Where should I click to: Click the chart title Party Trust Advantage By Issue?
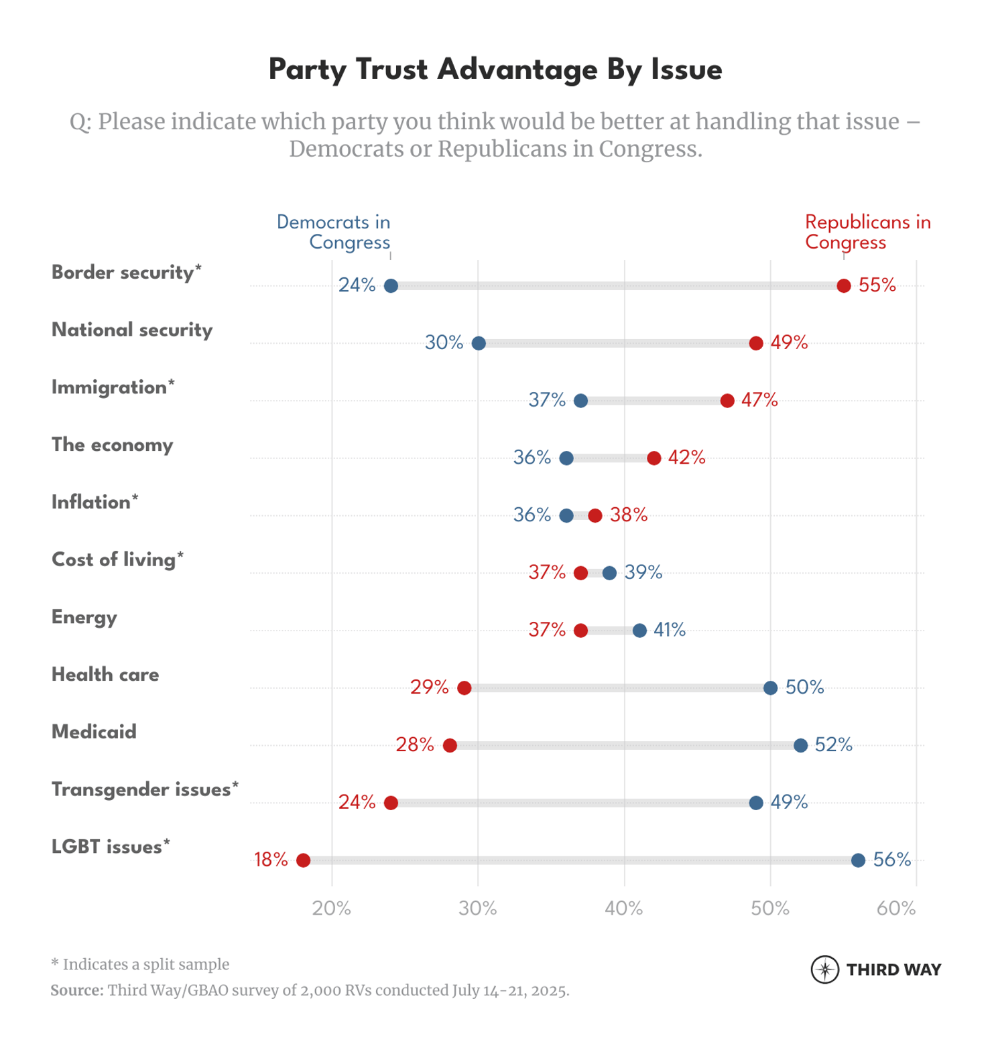pyautogui.click(x=495, y=70)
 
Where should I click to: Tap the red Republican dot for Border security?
pyautogui.click(x=843, y=286)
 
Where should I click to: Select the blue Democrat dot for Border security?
pyautogui.click(x=391, y=286)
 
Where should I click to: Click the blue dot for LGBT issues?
pyautogui.click(x=858, y=860)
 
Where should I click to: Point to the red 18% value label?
pyautogui.click(x=271, y=860)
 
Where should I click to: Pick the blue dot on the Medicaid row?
pyautogui.click(x=800, y=745)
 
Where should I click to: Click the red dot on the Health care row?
pyautogui.click(x=464, y=688)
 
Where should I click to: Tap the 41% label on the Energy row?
pyautogui.click(x=669, y=630)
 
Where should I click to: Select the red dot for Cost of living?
pyautogui.click(x=580, y=573)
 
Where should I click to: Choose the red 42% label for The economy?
pyautogui.click(x=686, y=458)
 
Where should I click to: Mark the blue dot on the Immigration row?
pyautogui.click(x=580, y=401)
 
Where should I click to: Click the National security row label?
pyautogui.click(x=132, y=330)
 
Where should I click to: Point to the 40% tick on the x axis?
pyautogui.click(x=624, y=909)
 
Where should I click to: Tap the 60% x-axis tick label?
pyautogui.click(x=896, y=909)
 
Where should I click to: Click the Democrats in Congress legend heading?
pyautogui.click(x=334, y=232)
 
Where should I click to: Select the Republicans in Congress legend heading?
pyautogui.click(x=867, y=232)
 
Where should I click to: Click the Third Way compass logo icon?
pyautogui.click(x=824, y=970)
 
